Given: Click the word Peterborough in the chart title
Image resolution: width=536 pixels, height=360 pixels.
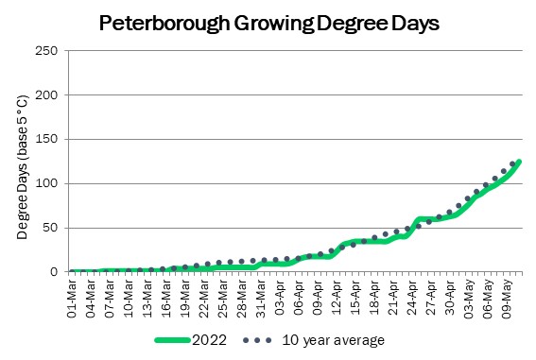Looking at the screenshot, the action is point(164,24).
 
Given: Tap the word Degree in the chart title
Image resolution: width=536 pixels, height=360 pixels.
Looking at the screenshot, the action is point(352,24).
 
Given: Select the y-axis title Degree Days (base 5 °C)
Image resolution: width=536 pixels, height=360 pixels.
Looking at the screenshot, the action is point(22,166).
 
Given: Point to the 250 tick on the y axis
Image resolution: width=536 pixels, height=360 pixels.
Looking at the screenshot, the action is point(46,51).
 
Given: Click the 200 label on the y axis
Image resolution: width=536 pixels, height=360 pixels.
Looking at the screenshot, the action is point(46,94).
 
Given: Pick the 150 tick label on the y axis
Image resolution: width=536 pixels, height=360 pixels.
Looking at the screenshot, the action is point(46,139).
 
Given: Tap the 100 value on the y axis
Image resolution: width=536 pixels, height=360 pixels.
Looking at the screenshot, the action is point(46,183).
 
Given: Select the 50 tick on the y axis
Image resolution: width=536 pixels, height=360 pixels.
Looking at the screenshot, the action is point(50,228).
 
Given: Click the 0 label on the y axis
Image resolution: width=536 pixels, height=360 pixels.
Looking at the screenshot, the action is point(54,272).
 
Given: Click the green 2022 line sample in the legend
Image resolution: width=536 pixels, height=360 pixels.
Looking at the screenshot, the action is point(173,340).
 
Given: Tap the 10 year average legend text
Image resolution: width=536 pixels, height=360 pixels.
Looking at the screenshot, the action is point(334,340).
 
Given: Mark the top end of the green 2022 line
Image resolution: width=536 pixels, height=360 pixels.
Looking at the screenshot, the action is point(519,162).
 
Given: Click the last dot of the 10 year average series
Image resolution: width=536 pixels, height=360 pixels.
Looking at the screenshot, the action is point(512,164).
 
